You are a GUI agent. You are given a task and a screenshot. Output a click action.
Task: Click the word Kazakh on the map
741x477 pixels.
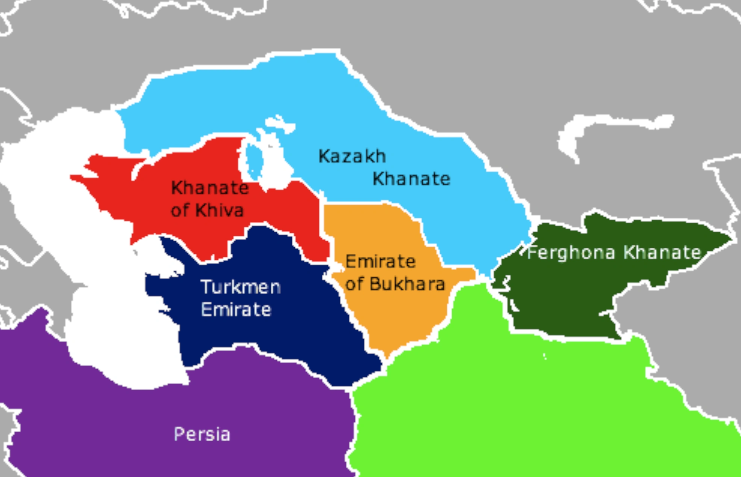tap(352, 156)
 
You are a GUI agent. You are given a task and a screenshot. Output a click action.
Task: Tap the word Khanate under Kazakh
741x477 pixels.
tap(411, 179)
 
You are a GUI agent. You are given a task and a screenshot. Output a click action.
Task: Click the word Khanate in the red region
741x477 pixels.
tap(210, 187)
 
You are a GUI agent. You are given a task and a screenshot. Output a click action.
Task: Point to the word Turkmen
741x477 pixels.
tap(241, 287)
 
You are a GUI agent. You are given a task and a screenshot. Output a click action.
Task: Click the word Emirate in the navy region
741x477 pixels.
tap(236, 310)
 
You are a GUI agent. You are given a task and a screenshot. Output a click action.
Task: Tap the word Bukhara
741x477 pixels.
tap(407, 284)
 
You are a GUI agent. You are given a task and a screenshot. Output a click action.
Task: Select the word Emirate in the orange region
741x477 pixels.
tap(380, 261)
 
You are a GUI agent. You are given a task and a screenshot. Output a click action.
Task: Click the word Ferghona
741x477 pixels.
tap(571, 253)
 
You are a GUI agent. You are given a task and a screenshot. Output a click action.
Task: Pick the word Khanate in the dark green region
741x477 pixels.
tap(662, 252)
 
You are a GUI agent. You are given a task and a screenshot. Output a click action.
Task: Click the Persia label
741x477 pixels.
tap(202, 434)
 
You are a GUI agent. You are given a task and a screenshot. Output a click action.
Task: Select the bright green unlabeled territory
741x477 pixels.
tap(526, 395)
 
